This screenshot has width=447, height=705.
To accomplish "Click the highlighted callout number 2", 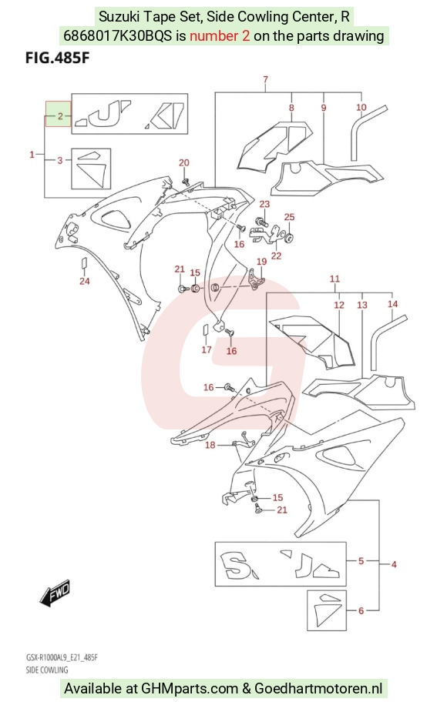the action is coord(60,116).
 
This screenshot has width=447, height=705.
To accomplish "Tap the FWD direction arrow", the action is coord(55,591).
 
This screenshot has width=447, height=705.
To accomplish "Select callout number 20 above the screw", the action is coord(184,162).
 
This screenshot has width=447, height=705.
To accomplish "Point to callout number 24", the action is coord(85,281).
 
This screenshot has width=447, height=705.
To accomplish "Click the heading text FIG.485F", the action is coord(58,58).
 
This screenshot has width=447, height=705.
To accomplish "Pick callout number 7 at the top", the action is coord(266,79).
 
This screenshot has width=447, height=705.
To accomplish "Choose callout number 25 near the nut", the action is coord(290,217).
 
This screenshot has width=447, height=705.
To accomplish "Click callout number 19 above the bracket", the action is coord(261,262).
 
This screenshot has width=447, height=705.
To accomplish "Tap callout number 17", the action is coord(207,349).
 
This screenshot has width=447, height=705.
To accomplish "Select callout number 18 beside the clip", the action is coord(210,445).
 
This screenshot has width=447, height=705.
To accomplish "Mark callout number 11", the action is coord(334,279).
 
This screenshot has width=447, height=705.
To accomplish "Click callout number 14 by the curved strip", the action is coord(392,304).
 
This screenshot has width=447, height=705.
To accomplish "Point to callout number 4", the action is coord(394,564).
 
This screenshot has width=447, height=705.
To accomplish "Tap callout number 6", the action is coord(361,610).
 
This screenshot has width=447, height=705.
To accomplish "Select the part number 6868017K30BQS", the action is coord(117,35).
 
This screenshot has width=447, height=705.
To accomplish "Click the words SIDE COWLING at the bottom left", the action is coord(47,670).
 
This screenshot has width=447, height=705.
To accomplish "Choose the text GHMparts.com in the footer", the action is coord(190,688).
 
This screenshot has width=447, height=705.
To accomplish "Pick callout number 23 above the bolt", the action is coord(264,204).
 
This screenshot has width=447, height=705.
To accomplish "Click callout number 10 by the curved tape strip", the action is coord(361,107).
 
